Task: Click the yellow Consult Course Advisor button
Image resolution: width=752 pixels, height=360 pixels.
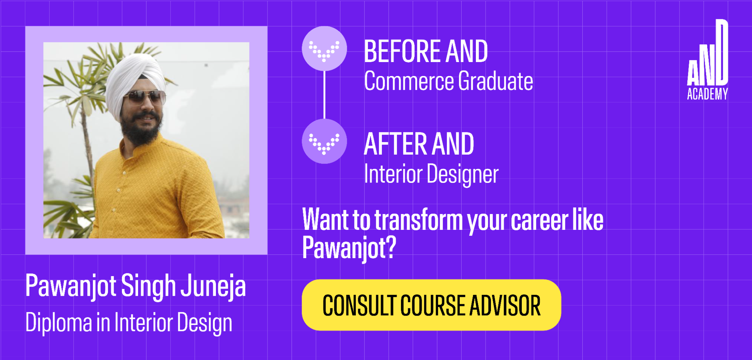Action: click(431, 305)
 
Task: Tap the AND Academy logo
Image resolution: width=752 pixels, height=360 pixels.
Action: click(708, 60)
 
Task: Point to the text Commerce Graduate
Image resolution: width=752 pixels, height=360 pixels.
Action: click(448, 81)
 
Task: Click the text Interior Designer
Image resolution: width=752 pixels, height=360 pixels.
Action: click(431, 174)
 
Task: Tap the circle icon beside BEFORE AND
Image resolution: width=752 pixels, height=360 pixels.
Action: click(324, 49)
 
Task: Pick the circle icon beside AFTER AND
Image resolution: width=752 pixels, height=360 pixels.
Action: click(324, 141)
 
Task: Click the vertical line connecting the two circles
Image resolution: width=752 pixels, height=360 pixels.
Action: click(324, 95)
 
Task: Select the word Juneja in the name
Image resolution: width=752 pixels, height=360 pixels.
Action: click(213, 286)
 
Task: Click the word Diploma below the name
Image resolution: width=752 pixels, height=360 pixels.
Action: click(59, 323)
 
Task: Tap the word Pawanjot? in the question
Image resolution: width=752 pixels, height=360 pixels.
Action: click(349, 248)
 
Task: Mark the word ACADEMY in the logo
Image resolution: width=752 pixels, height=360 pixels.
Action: click(708, 94)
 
